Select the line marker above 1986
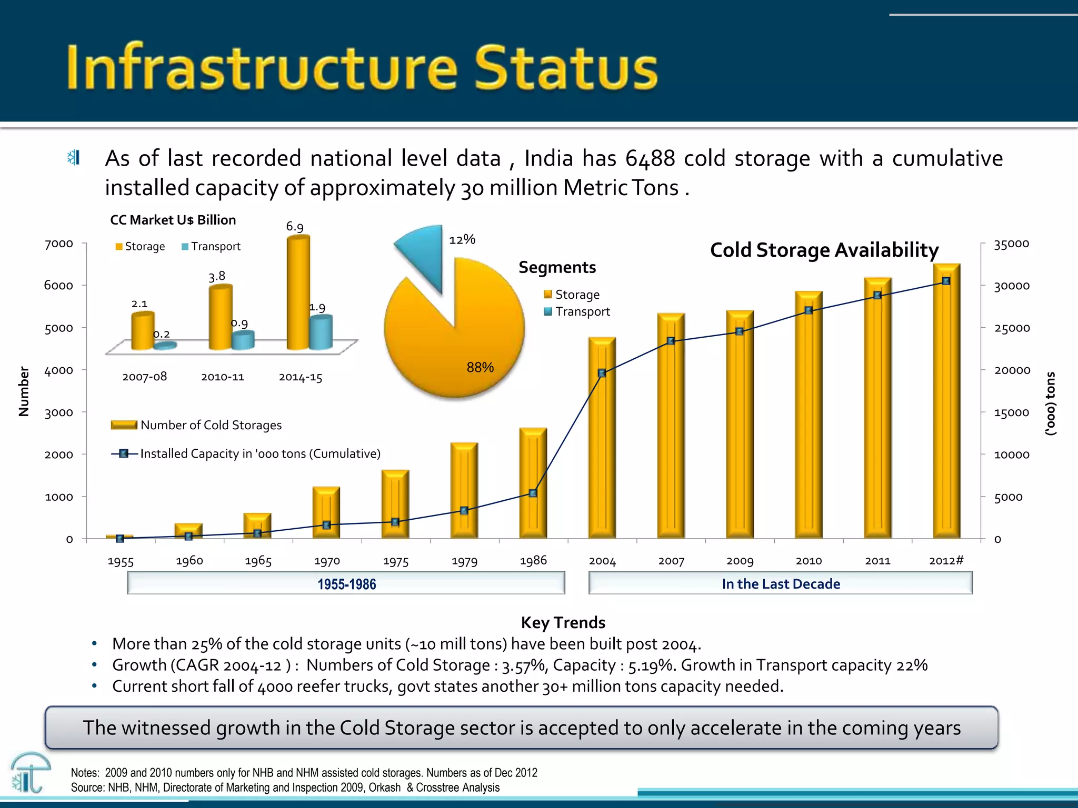(x=533, y=493)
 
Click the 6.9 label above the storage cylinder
(x=295, y=227)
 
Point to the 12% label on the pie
(x=462, y=240)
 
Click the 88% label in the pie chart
(x=480, y=367)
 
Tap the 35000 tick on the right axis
(x=1011, y=244)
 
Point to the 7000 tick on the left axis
(x=58, y=244)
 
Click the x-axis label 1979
(x=464, y=561)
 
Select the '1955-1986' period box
(x=346, y=584)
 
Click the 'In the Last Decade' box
(x=781, y=584)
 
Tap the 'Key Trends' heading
(x=563, y=623)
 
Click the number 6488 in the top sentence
(x=650, y=158)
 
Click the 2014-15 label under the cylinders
(x=300, y=377)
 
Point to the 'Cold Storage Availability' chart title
(x=824, y=250)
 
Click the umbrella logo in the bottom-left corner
(x=30, y=772)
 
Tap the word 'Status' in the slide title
(x=566, y=68)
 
